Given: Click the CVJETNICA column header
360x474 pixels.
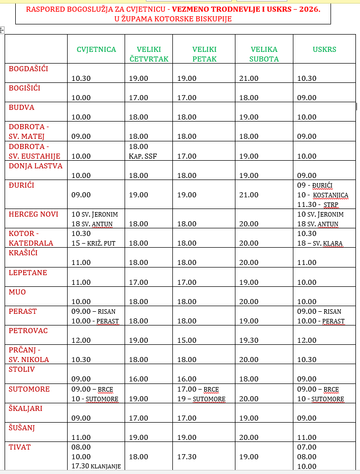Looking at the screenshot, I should [x=96, y=49].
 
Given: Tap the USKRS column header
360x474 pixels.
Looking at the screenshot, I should [x=324, y=49].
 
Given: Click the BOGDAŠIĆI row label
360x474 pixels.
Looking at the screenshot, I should [x=28, y=68].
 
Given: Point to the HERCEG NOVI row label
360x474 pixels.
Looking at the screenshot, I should [x=34, y=214].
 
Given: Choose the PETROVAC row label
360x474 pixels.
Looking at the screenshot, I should [x=28, y=331].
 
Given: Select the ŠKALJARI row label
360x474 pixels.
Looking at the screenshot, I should [x=25, y=408].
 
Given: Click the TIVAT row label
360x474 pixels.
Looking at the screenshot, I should [x=20, y=447].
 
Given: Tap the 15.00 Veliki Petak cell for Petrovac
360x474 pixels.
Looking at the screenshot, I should [x=187, y=340].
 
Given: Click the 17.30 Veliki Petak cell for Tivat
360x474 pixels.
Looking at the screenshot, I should [x=187, y=457].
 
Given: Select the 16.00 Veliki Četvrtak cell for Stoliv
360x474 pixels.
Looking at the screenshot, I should [x=138, y=379].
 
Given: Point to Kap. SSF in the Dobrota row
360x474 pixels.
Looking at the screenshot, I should [x=143, y=156].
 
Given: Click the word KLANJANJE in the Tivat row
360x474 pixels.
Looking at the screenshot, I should [x=105, y=466].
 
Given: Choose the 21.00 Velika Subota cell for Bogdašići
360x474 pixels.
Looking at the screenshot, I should [x=249, y=78].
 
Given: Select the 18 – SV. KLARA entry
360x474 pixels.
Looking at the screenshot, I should [x=320, y=243].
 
